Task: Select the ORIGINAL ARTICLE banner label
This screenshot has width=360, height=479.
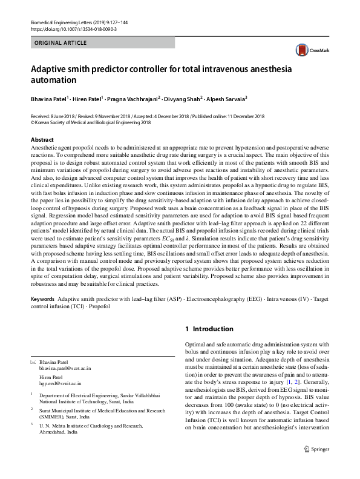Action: coord(61,43)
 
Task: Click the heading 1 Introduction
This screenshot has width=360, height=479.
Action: coord(209,329)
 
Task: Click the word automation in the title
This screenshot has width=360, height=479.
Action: coord(54,79)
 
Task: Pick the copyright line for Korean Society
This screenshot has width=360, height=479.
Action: coord(91,122)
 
